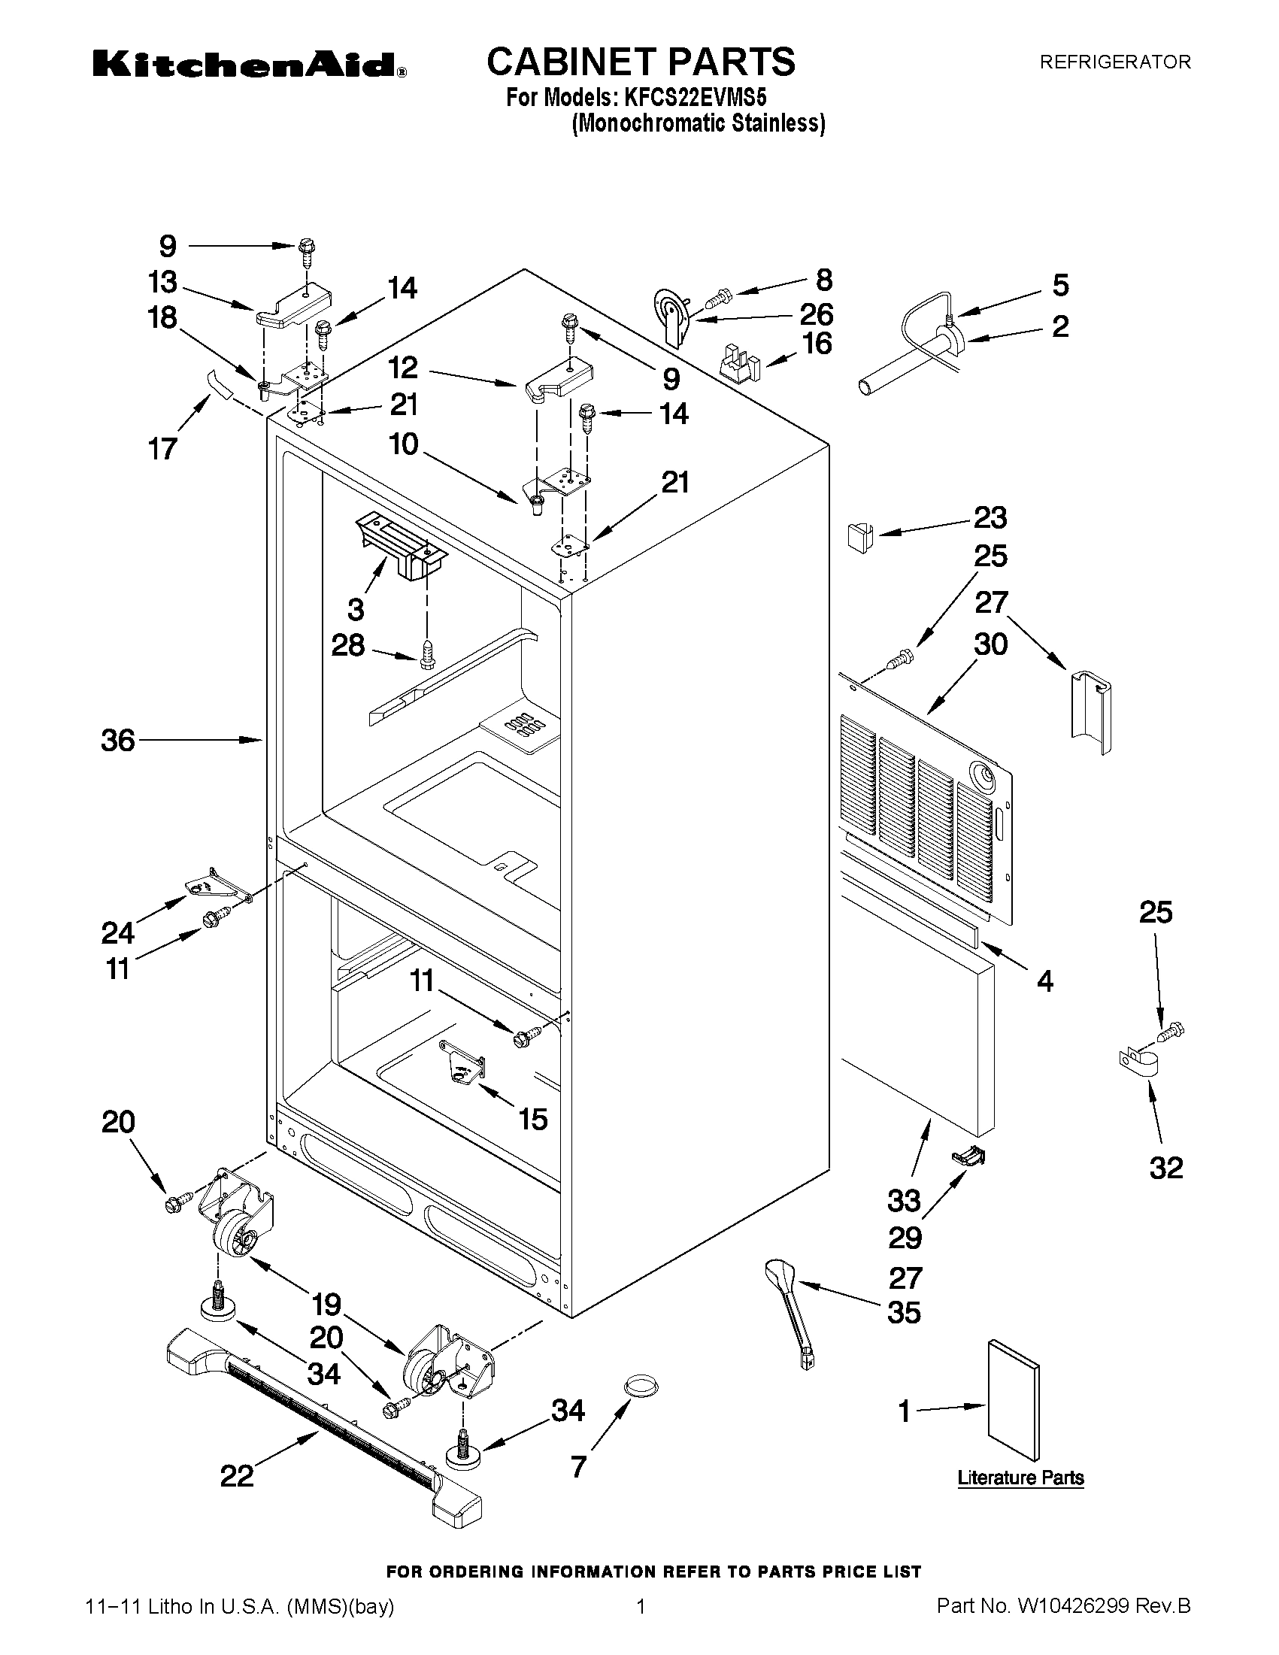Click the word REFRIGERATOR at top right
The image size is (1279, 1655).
tap(1114, 62)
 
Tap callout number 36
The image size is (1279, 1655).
tap(118, 741)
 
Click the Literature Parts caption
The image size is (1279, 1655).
tap(1020, 1478)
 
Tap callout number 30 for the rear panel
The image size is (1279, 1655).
tap(990, 645)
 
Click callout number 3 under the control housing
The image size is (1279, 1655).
tap(356, 609)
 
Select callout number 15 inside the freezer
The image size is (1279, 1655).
tap(533, 1118)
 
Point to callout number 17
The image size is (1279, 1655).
tap(163, 449)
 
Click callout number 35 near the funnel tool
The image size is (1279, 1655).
tap(904, 1311)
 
